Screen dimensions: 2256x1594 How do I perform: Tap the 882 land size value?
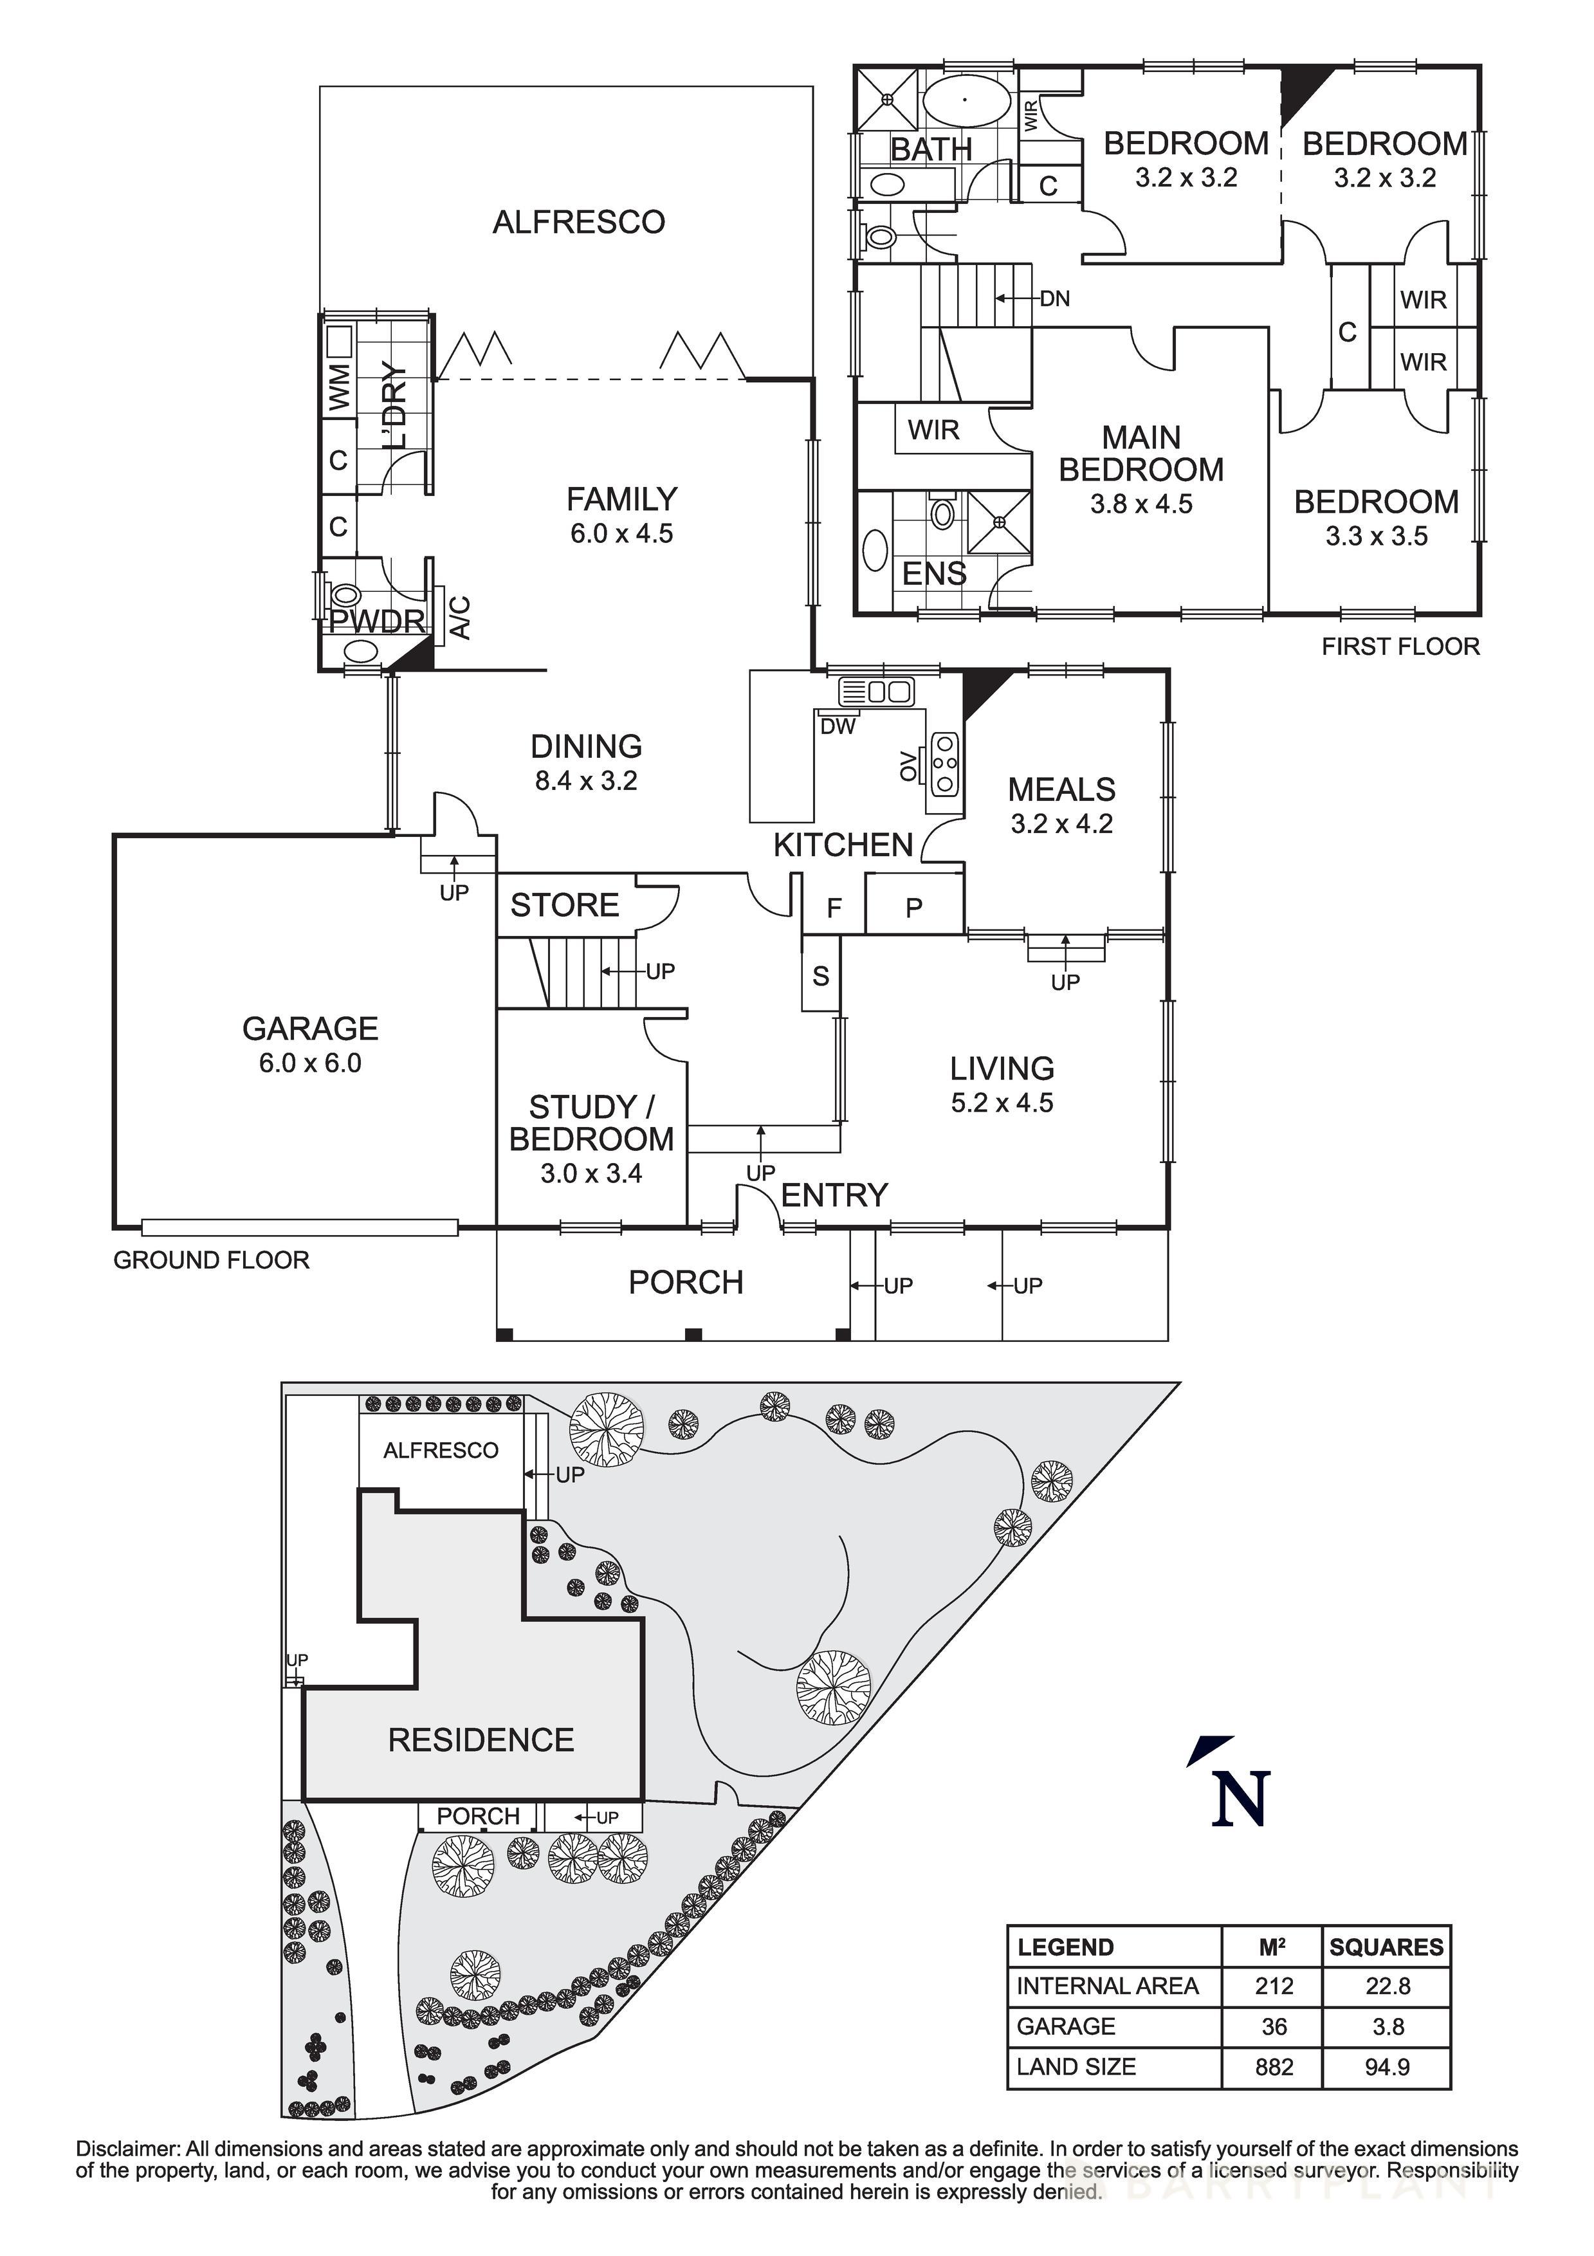click(1274, 2066)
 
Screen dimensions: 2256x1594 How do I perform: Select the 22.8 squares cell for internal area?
click(1388, 1986)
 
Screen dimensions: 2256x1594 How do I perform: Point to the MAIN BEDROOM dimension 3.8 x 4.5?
click(1141, 504)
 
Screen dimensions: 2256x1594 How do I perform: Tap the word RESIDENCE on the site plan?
click(481, 1740)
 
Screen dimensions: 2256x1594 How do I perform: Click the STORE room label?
click(564, 905)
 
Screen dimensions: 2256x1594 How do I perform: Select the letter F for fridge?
click(834, 908)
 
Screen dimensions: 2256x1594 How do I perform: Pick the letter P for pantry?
click(914, 908)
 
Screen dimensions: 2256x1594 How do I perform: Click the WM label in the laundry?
click(338, 387)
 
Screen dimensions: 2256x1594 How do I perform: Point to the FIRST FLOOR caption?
click(1400, 647)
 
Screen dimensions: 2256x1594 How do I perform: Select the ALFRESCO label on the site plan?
click(440, 1450)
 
